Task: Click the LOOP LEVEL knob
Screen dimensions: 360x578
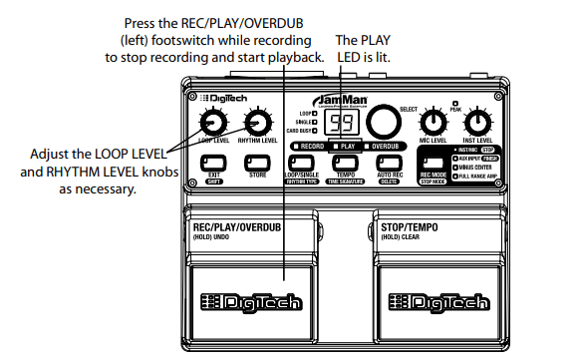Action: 211,123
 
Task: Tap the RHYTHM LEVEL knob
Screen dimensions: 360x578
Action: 258,123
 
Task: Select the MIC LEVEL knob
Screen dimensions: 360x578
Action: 432,123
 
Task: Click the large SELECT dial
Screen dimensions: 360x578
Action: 381,122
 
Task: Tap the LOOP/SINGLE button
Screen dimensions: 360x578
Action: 301,163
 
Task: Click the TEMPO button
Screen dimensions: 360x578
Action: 346,163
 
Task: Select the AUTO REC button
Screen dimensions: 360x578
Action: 390,163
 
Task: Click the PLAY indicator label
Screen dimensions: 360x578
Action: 347,146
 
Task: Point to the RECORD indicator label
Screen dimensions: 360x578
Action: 309,146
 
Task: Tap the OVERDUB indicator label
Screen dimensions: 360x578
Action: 388,146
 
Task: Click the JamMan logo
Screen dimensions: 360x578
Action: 342,101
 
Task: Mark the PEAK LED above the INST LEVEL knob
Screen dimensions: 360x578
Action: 454,102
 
